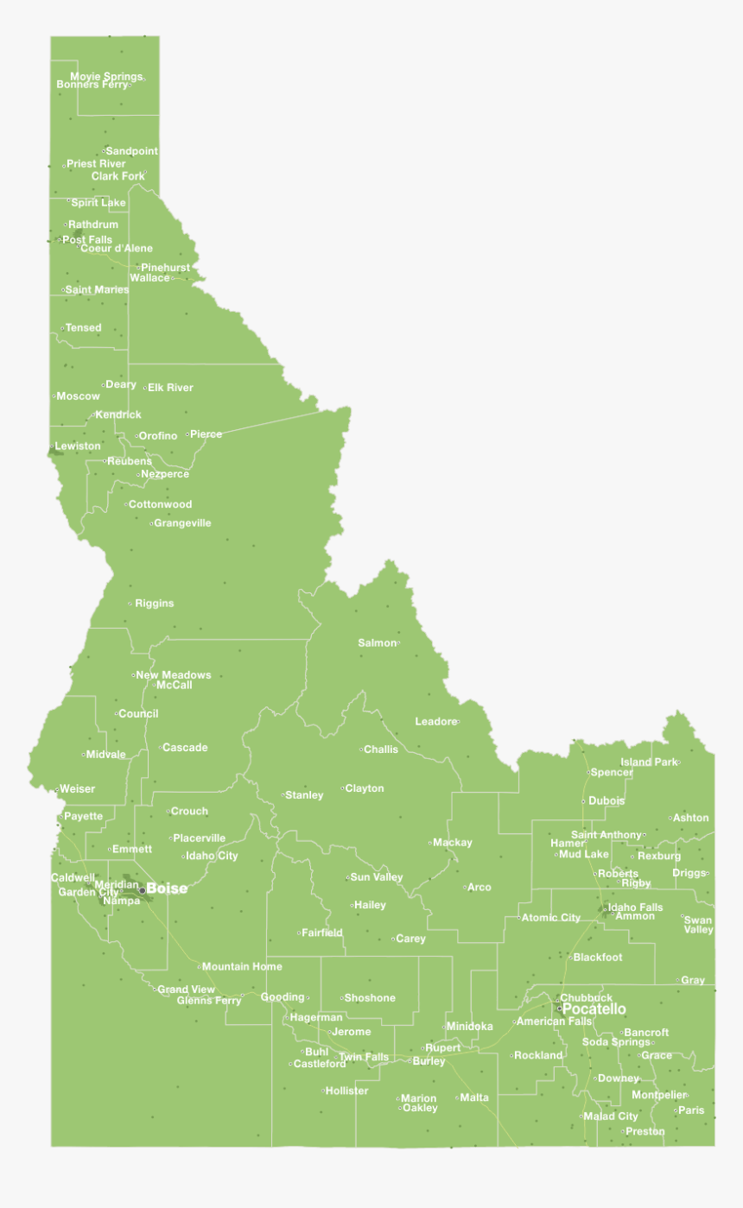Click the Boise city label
(x=167, y=889)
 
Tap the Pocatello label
(x=594, y=1009)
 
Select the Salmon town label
(x=377, y=643)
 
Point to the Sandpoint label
(x=131, y=151)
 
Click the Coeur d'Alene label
(x=117, y=249)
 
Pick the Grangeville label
(x=182, y=523)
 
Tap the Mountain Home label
(x=242, y=966)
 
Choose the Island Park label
(x=649, y=762)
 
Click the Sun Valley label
(x=377, y=877)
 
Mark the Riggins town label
(x=155, y=604)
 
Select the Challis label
(x=381, y=749)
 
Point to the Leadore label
(x=435, y=722)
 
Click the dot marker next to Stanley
(x=283, y=794)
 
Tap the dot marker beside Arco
(x=465, y=887)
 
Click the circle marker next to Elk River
(x=144, y=388)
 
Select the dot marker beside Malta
(x=457, y=1097)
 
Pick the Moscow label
(x=78, y=396)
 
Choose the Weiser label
(x=78, y=789)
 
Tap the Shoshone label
(x=370, y=998)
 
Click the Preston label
(x=645, y=1131)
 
